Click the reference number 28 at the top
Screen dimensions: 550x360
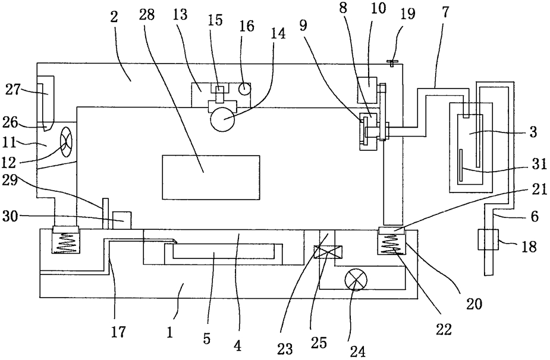click(147, 15)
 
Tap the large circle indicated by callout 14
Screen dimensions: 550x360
click(222, 119)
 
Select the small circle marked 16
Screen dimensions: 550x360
click(244, 89)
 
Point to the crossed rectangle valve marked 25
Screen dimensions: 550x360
click(328, 252)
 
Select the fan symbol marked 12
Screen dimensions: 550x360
click(66, 143)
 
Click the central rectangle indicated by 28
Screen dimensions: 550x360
click(211, 178)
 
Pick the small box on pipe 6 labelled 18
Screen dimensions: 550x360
click(488, 239)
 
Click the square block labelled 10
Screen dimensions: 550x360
click(367, 90)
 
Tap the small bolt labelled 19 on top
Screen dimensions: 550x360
click(391, 63)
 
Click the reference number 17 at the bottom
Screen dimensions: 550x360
click(118, 331)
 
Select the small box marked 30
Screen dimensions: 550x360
click(121, 220)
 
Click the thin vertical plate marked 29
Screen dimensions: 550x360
click(105, 213)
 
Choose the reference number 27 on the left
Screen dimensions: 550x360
click(12, 90)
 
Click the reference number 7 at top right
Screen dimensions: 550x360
click(445, 12)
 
